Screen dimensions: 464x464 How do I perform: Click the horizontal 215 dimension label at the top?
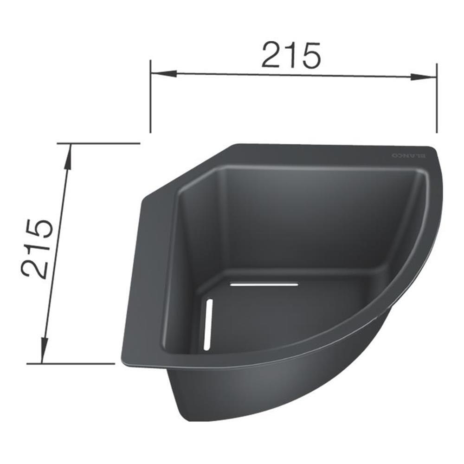[x=291, y=55]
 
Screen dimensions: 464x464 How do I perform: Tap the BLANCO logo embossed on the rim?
[x=409, y=156]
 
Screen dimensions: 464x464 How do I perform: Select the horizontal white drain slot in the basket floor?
[x=264, y=284]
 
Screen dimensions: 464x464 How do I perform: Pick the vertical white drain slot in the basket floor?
[x=208, y=324]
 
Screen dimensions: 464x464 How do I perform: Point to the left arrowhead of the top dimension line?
[x=160, y=73]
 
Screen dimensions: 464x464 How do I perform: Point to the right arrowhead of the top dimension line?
[x=427, y=77]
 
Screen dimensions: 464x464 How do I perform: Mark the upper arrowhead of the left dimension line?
[x=69, y=155]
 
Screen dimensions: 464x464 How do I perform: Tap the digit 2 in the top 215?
[x=272, y=55]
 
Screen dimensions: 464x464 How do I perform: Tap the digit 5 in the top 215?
[x=309, y=55]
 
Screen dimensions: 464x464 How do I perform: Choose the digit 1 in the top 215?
[x=291, y=55]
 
